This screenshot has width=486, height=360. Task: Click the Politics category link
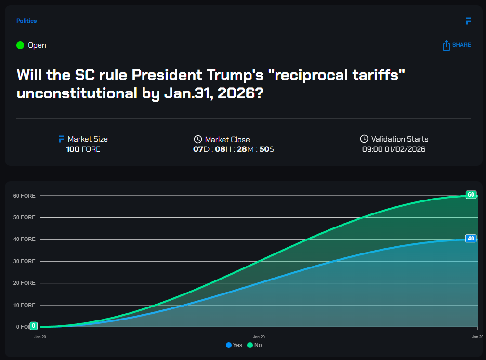point(26,21)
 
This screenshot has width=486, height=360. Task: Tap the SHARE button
point(456,45)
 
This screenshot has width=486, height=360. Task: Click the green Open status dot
point(20,45)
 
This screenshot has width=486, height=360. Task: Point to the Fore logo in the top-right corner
point(468,21)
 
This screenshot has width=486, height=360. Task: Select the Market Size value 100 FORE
point(83,149)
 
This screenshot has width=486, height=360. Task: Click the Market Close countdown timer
point(234,149)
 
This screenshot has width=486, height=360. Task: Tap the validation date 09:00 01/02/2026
point(394,149)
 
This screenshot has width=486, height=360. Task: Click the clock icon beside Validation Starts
point(364,139)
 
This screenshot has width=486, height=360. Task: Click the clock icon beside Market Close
point(197,139)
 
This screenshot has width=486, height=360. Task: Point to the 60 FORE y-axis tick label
point(24,196)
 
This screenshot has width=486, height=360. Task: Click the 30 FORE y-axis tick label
point(24,261)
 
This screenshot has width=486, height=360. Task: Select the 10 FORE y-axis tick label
point(24,305)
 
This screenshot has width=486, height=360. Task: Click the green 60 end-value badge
point(471,195)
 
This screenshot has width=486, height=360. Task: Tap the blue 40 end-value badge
point(471,239)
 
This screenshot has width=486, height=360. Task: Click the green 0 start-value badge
point(34,326)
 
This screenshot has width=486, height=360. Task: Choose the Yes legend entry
point(234,345)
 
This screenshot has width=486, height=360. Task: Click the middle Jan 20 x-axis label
point(259,337)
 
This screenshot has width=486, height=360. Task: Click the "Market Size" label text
point(88,139)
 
